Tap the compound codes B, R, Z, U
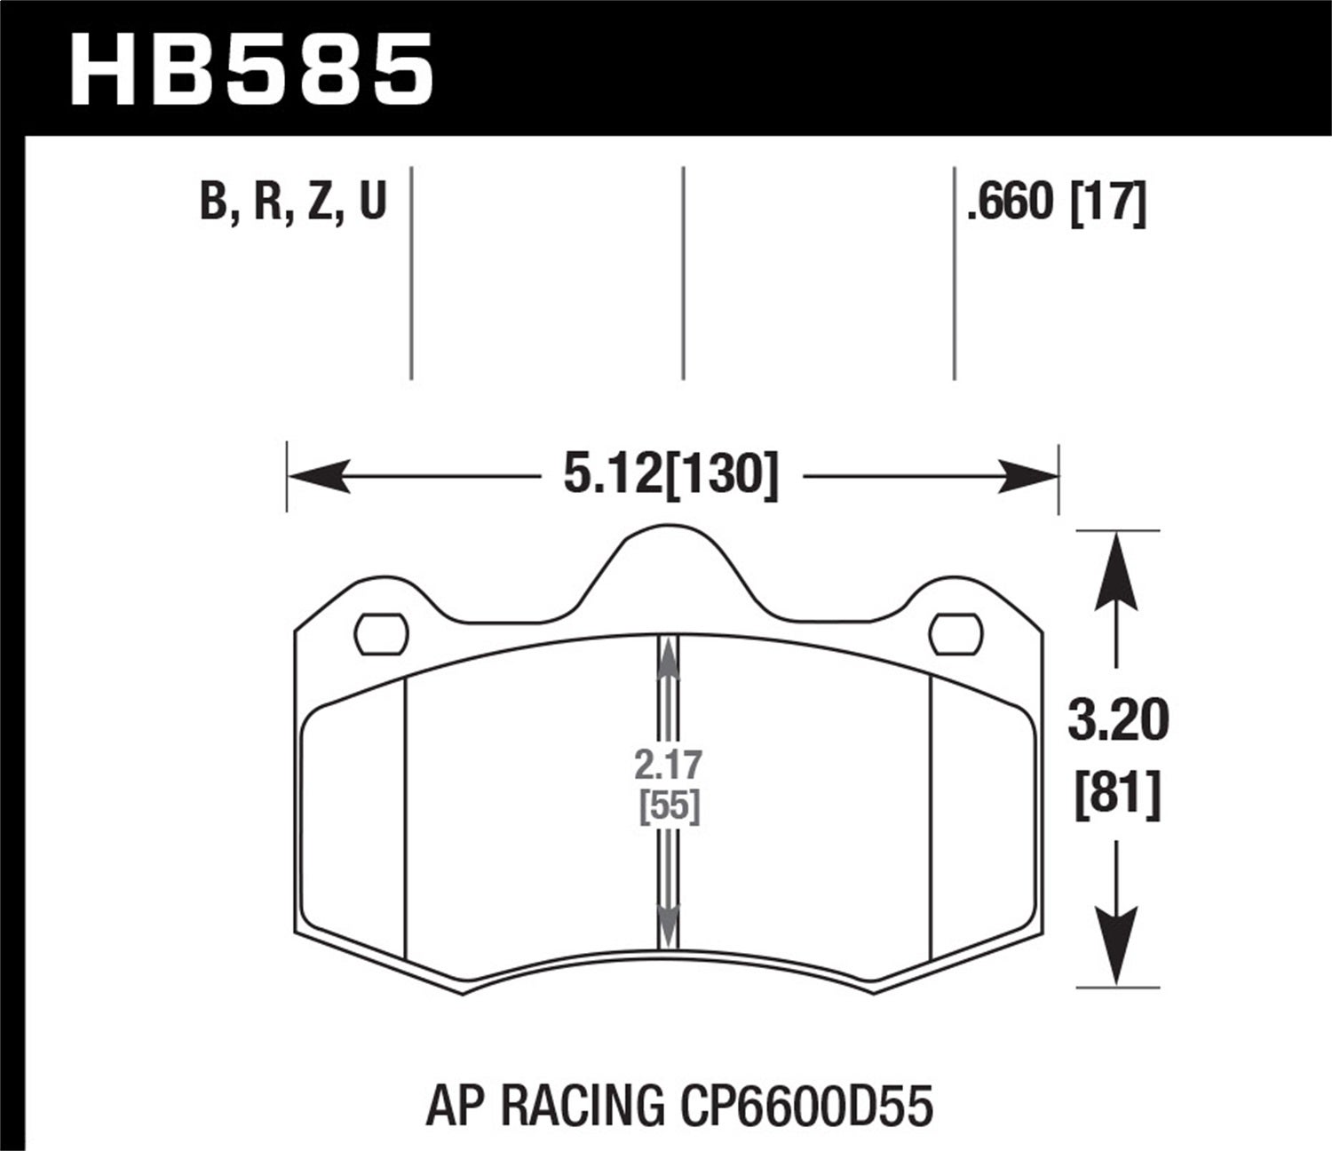point(294,202)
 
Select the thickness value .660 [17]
point(1057,202)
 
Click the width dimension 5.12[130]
point(670,475)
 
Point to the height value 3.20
point(1118,720)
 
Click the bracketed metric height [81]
point(1118,792)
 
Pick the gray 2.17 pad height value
point(670,765)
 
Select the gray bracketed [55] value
point(670,806)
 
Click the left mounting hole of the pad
point(380,634)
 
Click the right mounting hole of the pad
point(956,634)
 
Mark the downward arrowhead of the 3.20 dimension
point(1116,946)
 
